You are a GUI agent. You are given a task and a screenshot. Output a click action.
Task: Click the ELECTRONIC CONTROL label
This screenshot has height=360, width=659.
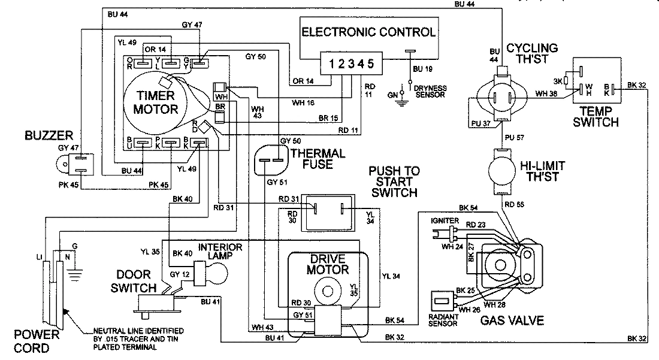click(368, 32)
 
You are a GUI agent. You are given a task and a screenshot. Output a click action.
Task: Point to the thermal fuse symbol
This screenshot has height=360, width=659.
click(269, 160)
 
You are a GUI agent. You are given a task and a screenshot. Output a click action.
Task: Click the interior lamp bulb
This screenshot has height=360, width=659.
click(215, 270)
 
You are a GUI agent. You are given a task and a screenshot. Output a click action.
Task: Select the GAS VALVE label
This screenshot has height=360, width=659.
click(512, 320)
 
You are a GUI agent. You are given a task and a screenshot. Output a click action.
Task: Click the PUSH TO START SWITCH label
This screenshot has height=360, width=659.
click(395, 181)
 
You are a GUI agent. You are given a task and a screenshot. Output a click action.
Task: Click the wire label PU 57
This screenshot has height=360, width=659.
click(515, 137)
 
